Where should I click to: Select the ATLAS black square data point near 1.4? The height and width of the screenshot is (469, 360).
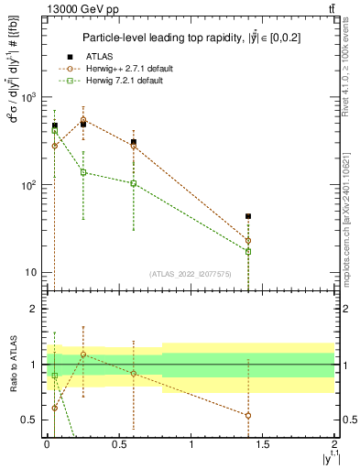click(x=248, y=216)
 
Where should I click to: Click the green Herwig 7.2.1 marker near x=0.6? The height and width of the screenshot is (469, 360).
click(x=134, y=183)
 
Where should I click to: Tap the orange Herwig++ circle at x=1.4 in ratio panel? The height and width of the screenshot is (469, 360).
click(x=248, y=415)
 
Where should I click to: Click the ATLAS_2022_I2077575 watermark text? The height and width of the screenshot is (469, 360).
click(x=190, y=273)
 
